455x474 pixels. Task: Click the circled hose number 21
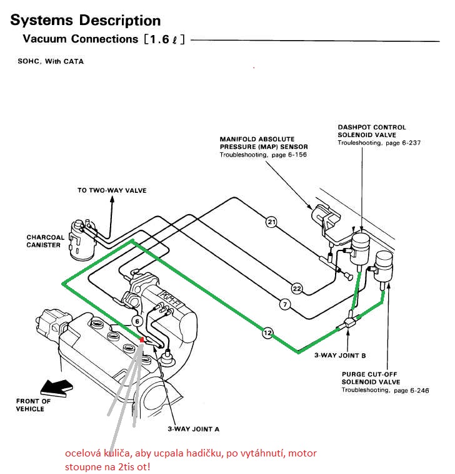click(271, 221)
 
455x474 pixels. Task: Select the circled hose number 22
click(297, 289)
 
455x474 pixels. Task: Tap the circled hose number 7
click(284, 304)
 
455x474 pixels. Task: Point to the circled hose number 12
click(267, 333)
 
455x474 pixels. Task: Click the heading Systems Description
click(86, 21)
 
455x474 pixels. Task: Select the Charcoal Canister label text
click(43, 241)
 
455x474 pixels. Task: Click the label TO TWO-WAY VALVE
click(112, 190)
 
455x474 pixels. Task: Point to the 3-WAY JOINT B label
click(340, 355)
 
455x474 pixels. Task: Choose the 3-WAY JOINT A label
click(193, 429)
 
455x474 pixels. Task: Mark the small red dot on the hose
click(143, 339)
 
